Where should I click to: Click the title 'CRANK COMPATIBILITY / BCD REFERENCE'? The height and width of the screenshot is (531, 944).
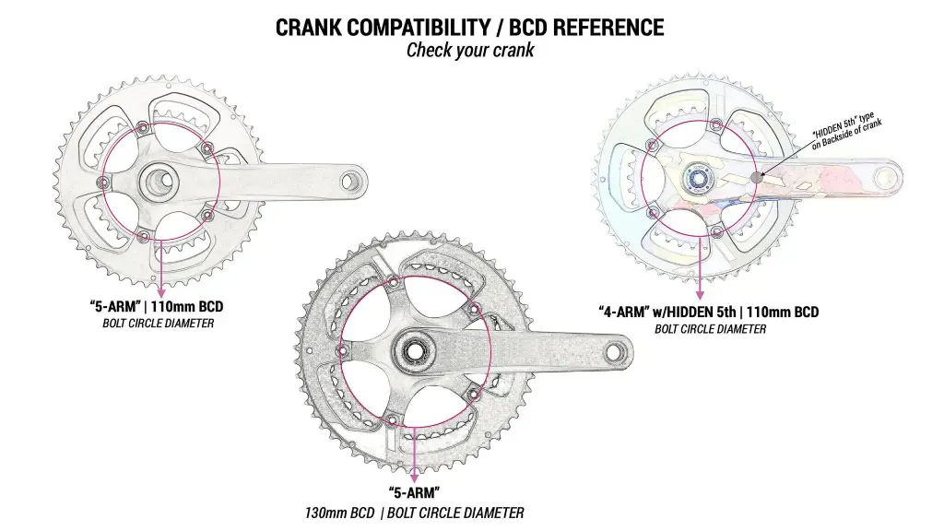pos(470,28)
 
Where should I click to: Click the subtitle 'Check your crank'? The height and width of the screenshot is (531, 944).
pos(470,50)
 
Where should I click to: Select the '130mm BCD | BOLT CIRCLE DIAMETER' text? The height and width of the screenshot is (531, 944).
pos(415,513)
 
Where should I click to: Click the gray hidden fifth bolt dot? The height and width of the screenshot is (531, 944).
pos(757,177)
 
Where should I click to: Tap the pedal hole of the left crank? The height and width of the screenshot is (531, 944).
pos(349,181)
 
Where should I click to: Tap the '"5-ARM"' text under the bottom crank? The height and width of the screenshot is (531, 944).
pos(415,493)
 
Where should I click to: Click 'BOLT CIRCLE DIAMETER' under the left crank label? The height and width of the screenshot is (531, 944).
pos(158,324)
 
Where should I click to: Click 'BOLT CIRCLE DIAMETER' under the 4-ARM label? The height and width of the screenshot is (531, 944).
pos(710,329)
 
